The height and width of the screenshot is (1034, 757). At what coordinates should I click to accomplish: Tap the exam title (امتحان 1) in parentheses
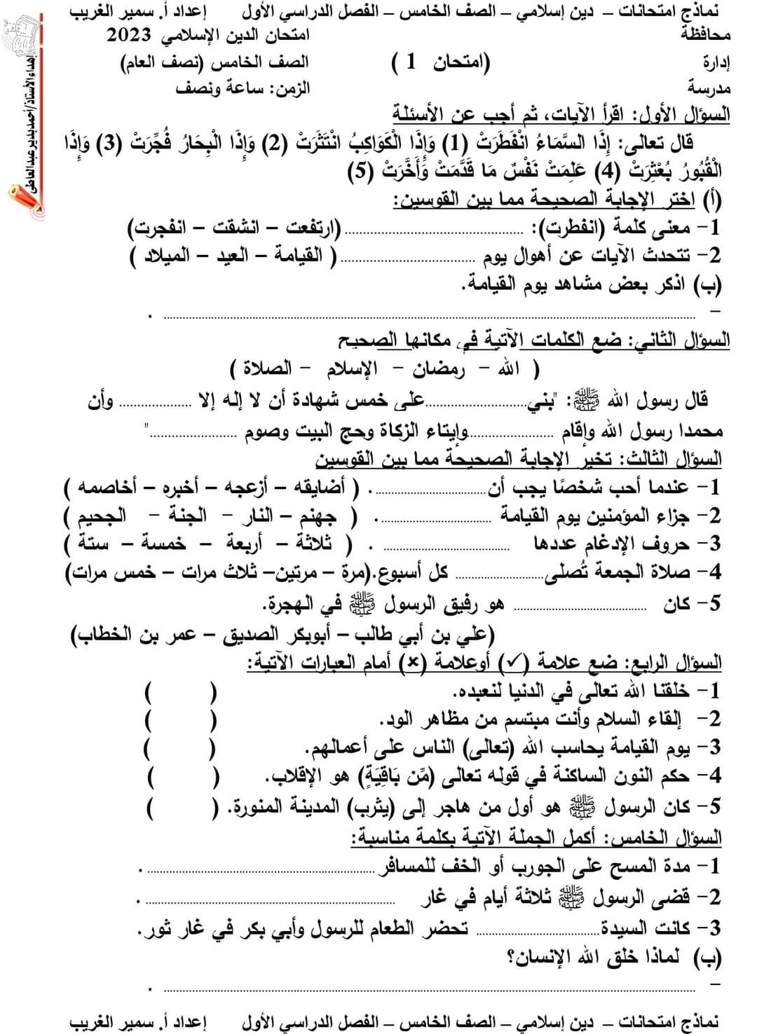[x=440, y=62]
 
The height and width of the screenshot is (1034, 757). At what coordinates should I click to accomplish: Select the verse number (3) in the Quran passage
[x=128, y=144]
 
